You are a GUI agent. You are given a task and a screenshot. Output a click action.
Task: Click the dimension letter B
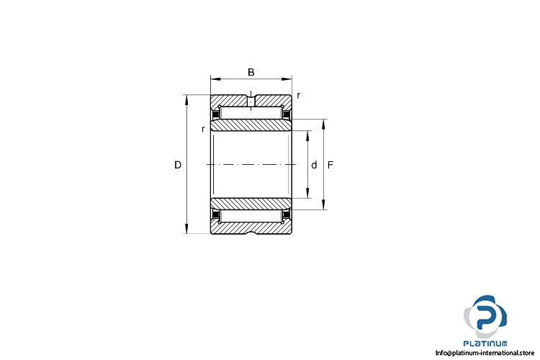pos(251,72)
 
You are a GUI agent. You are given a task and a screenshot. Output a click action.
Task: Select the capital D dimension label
pos(178,165)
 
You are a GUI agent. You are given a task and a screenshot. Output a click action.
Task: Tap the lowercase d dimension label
pos(314,165)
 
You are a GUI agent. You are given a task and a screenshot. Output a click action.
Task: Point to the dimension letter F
pos(330,165)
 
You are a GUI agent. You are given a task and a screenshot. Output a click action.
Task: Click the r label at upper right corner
pos(298,96)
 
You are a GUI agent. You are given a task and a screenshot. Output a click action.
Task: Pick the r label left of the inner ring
pos(203,129)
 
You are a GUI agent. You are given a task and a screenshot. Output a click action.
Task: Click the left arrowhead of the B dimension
pos(215,79)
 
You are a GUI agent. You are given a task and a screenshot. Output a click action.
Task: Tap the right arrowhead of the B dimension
pos(287,79)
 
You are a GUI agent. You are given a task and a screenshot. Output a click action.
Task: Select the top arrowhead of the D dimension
pos(186,99)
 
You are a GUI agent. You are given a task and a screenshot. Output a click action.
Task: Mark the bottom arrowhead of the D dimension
pos(186,229)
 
